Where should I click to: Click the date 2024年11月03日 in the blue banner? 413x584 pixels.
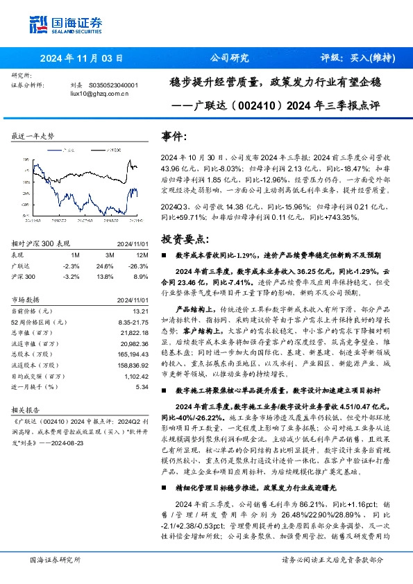click(x=81, y=59)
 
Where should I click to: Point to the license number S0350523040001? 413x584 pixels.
click(x=114, y=85)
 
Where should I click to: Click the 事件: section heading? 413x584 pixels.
click(x=174, y=137)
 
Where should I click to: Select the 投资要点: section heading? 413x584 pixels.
click(x=183, y=239)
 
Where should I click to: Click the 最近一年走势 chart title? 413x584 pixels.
click(x=33, y=137)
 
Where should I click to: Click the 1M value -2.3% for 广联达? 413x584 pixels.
click(x=70, y=266)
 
